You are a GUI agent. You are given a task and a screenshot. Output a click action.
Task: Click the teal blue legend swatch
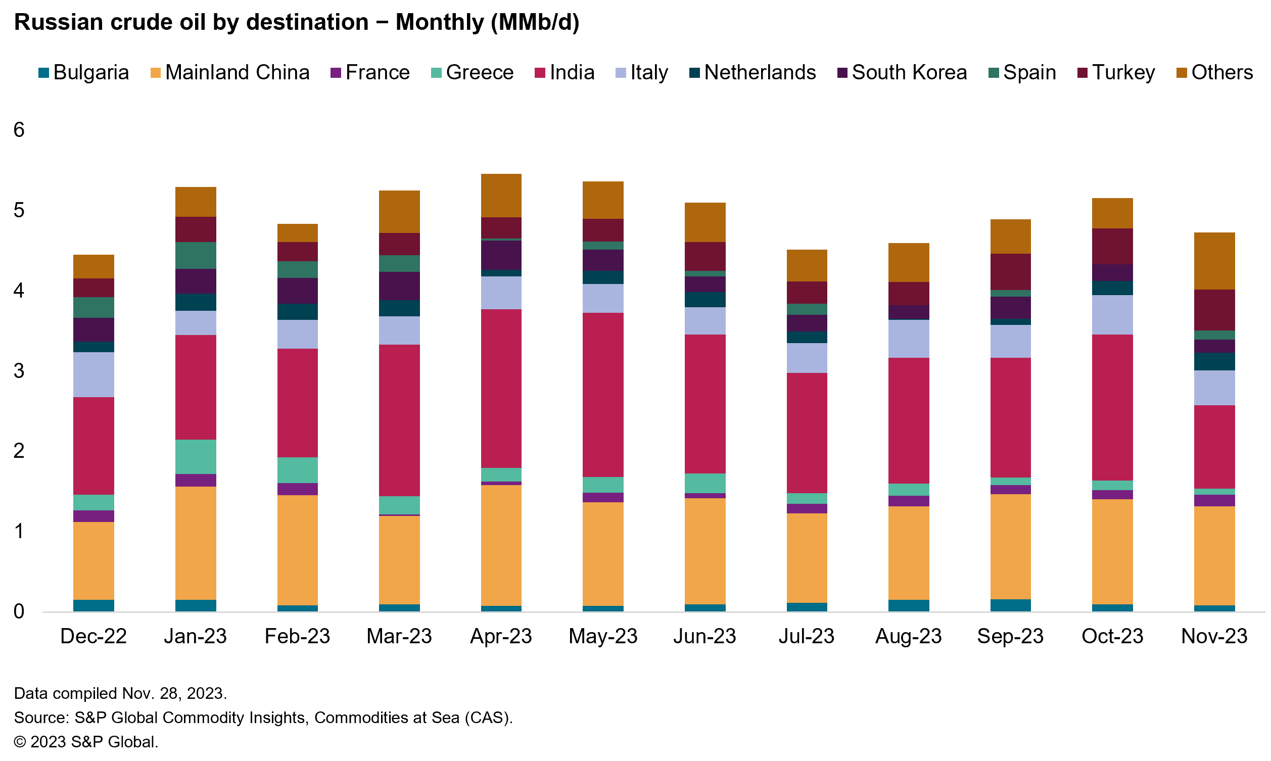click(x=43, y=73)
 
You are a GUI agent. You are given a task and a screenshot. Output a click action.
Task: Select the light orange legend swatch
click(x=155, y=73)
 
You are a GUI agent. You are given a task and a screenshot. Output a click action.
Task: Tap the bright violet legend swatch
click(x=336, y=73)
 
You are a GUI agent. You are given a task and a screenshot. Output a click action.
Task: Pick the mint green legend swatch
click(x=436, y=73)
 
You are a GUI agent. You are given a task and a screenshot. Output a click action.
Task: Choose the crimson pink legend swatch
click(x=540, y=73)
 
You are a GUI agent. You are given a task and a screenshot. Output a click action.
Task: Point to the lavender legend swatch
click(x=621, y=73)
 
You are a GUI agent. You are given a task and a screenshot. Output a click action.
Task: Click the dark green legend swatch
click(x=994, y=73)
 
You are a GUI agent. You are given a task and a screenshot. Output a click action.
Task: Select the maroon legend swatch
click(x=1082, y=73)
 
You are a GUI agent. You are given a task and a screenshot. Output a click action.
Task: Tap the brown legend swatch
click(x=1182, y=73)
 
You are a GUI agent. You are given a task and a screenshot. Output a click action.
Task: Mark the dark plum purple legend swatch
click(x=842, y=73)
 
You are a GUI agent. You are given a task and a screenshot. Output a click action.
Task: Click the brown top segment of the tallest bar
click(x=501, y=196)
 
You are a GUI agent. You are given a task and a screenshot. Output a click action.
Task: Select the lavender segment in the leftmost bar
click(x=93, y=374)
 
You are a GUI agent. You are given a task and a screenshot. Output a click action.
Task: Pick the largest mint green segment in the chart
click(x=196, y=456)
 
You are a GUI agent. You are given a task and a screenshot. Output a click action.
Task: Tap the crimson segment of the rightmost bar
click(x=1214, y=447)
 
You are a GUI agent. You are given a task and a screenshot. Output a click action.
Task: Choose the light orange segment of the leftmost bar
click(x=93, y=560)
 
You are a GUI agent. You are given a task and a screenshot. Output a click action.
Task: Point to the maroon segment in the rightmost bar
click(x=1214, y=310)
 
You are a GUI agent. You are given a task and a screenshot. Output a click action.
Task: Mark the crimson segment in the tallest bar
click(x=501, y=388)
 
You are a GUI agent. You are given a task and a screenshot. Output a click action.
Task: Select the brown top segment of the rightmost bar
click(x=1214, y=261)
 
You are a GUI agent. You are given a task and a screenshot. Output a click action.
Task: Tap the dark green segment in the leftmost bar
click(x=93, y=307)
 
